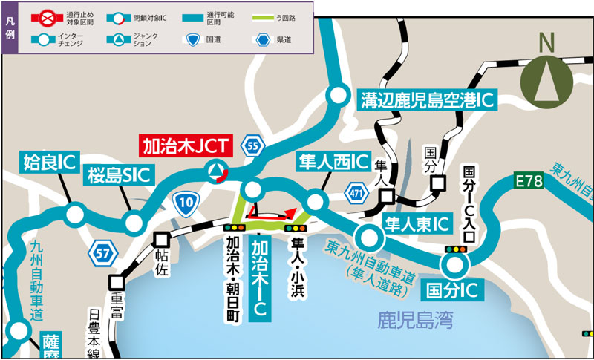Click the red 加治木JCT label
point(187,143)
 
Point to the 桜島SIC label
point(120,176)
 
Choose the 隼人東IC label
point(417,223)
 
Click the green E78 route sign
point(529,180)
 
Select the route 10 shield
point(186,200)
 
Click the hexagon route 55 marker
point(253,147)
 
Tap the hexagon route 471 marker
point(358,194)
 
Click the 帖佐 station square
point(161,240)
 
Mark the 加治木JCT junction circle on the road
point(216,174)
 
